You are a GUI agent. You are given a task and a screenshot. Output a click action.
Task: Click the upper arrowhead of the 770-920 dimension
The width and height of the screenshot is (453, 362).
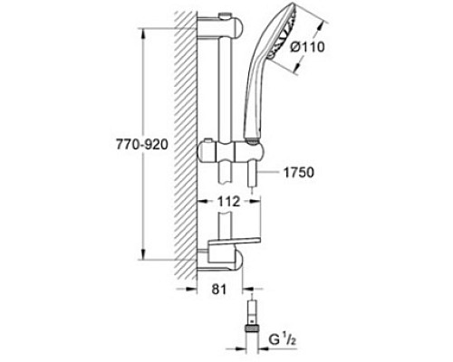tap(142, 33)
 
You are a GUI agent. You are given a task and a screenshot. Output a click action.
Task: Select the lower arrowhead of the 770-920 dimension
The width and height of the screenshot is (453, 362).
tap(142, 254)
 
